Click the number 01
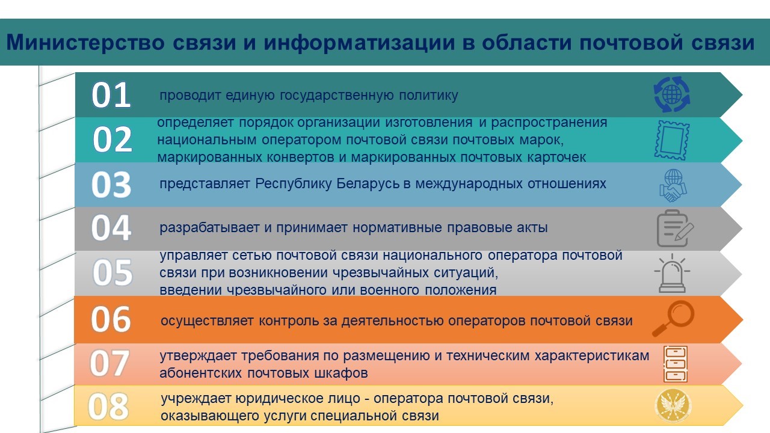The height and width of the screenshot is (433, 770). pyautogui.click(x=111, y=96)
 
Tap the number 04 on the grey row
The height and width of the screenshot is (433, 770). pyautogui.click(x=111, y=229)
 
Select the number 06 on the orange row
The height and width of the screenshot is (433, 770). pyautogui.click(x=111, y=319)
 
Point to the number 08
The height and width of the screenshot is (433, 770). pyautogui.click(x=109, y=407)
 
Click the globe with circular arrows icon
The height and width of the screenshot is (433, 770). pyautogui.click(x=671, y=95)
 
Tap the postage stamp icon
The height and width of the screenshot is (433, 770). pyautogui.click(x=671, y=140)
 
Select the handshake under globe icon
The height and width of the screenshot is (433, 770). pyautogui.click(x=672, y=185)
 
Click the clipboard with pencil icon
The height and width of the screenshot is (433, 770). pyautogui.click(x=674, y=229)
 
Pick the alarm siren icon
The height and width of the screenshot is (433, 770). pyautogui.click(x=672, y=274)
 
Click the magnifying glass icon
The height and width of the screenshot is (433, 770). pyautogui.click(x=673, y=319)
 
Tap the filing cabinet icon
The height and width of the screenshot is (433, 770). pyautogui.click(x=675, y=364)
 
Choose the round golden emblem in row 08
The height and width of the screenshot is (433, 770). pyautogui.click(x=672, y=407)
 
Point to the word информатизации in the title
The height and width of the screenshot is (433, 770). pyautogui.click(x=353, y=43)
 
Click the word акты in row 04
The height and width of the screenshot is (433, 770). pyautogui.click(x=533, y=228)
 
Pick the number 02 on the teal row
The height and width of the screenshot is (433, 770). pyautogui.click(x=112, y=140)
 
